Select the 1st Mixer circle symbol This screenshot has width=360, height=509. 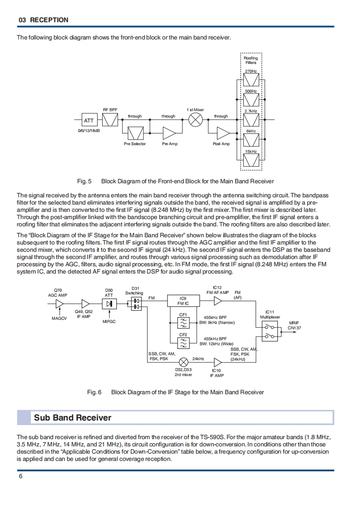point(195,120)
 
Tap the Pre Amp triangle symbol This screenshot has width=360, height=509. point(169,133)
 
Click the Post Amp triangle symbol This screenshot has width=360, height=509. point(223,133)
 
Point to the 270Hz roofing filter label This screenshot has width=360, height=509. point(251,71)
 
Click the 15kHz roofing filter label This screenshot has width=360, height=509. point(251,151)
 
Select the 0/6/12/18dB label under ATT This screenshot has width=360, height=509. point(89,131)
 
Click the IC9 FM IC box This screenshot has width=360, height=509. point(183,301)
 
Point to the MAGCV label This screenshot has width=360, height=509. point(59,318)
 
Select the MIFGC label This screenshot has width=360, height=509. point(109,321)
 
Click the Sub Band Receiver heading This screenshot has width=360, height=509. point(73,417)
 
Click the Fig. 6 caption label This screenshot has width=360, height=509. point(94,392)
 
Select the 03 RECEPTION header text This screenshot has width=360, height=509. point(43,20)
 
